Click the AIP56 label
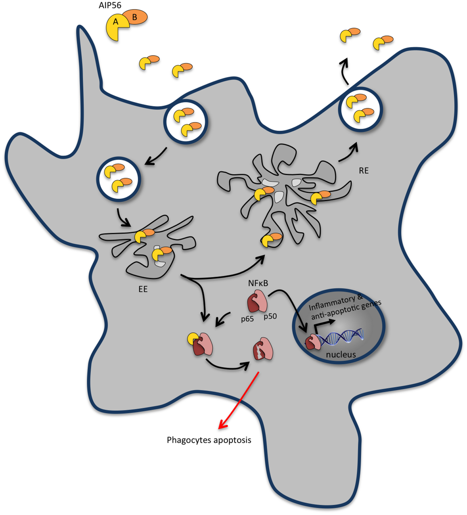click(110, 6)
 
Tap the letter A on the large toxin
click(116, 22)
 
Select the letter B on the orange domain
click(134, 17)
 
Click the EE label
click(143, 289)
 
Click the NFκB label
click(258, 283)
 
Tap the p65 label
click(247, 319)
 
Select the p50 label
click(270, 316)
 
